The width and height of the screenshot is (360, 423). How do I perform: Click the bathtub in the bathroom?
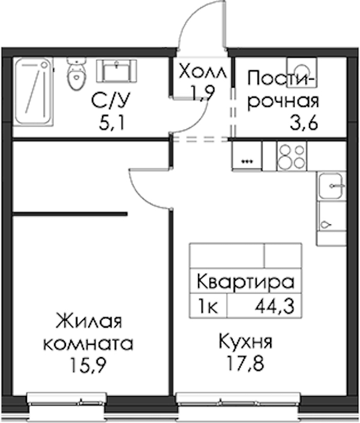tap(34, 92)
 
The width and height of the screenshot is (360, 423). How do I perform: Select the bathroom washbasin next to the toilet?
tap(116, 71)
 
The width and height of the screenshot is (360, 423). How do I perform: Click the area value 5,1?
tap(112, 124)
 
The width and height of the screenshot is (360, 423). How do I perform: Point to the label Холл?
tap(203, 72)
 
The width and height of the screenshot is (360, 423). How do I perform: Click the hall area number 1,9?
tap(202, 93)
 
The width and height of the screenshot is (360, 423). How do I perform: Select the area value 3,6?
tap(304, 123)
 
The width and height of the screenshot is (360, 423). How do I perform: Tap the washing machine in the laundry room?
tap(302, 72)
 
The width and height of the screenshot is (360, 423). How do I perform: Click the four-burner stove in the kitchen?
tap(292, 157)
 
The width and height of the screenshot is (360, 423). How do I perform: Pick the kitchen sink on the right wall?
tap(331, 186)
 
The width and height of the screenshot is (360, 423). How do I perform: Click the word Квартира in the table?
tap(245, 281)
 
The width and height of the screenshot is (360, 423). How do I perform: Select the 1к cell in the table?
tap(208, 307)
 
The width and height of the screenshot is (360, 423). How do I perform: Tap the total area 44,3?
tap(275, 307)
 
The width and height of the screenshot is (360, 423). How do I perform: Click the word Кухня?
tap(245, 341)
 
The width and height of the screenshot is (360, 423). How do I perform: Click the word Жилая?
tap(89, 321)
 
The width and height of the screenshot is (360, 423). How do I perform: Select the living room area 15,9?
tap(89, 365)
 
